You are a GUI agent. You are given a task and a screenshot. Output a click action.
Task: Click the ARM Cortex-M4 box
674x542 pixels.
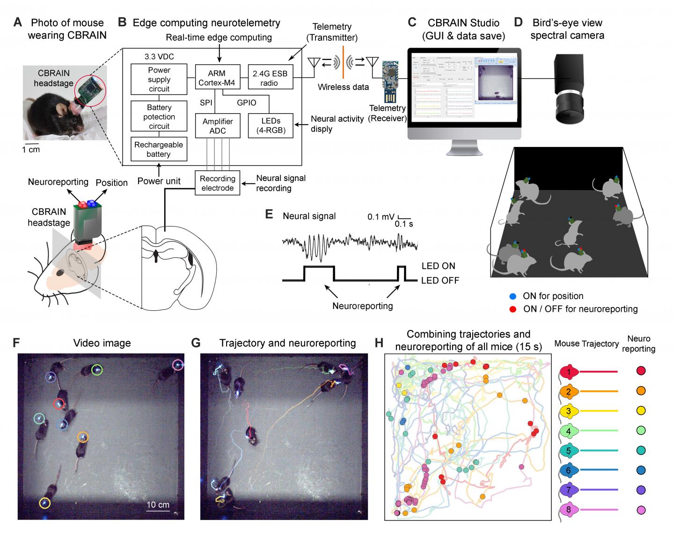coord(217,78)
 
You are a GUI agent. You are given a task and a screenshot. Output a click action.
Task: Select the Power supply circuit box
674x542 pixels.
coord(159,79)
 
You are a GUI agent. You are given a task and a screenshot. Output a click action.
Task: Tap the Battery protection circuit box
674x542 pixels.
coord(159,117)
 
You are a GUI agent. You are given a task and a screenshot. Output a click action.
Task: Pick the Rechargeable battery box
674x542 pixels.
coord(159,149)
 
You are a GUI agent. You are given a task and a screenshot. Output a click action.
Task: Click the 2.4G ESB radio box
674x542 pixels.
coord(270,78)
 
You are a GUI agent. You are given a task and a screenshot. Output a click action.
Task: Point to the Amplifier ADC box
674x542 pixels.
coord(218,126)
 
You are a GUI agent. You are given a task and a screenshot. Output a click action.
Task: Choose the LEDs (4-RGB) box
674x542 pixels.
coord(270,126)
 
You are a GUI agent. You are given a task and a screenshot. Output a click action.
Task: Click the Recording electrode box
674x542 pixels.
coord(217,183)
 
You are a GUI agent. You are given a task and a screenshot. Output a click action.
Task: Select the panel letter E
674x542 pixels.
coord(269,214)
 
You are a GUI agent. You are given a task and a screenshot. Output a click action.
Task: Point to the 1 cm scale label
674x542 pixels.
coord(31,149)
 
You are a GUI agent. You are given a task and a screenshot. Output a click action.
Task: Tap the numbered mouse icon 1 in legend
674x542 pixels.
coord(569,372)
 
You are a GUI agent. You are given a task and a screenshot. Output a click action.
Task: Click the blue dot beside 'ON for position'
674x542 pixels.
coord(513,296)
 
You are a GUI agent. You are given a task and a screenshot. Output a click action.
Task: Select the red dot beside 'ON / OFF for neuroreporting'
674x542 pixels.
coord(513,309)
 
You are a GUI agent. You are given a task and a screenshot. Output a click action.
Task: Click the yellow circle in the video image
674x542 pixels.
coord(44,503)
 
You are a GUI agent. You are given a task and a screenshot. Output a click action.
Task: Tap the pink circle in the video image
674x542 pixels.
coord(178,365)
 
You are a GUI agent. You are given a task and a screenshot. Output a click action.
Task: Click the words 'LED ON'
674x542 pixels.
coord(438,266)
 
